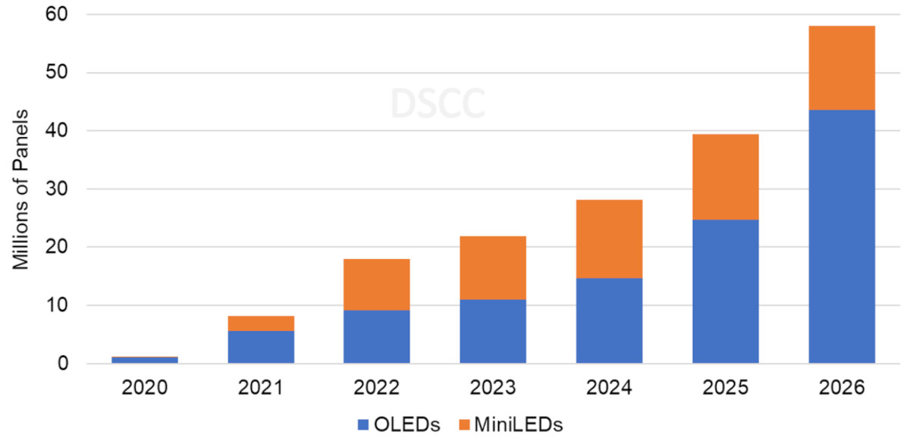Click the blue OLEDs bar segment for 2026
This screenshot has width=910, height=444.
tap(842, 236)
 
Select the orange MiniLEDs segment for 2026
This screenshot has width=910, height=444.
tap(842, 68)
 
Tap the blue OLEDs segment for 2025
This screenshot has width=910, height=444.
tap(726, 291)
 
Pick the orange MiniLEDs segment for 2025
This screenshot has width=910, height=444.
tap(726, 177)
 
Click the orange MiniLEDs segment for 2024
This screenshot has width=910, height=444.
tap(609, 239)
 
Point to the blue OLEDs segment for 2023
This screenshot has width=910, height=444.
tap(493, 331)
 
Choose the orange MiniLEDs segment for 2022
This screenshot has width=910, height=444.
tap(377, 284)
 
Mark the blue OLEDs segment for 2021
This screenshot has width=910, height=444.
tap(260, 347)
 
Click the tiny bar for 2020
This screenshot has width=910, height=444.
tap(144, 360)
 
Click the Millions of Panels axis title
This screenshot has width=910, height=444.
tap(20, 189)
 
